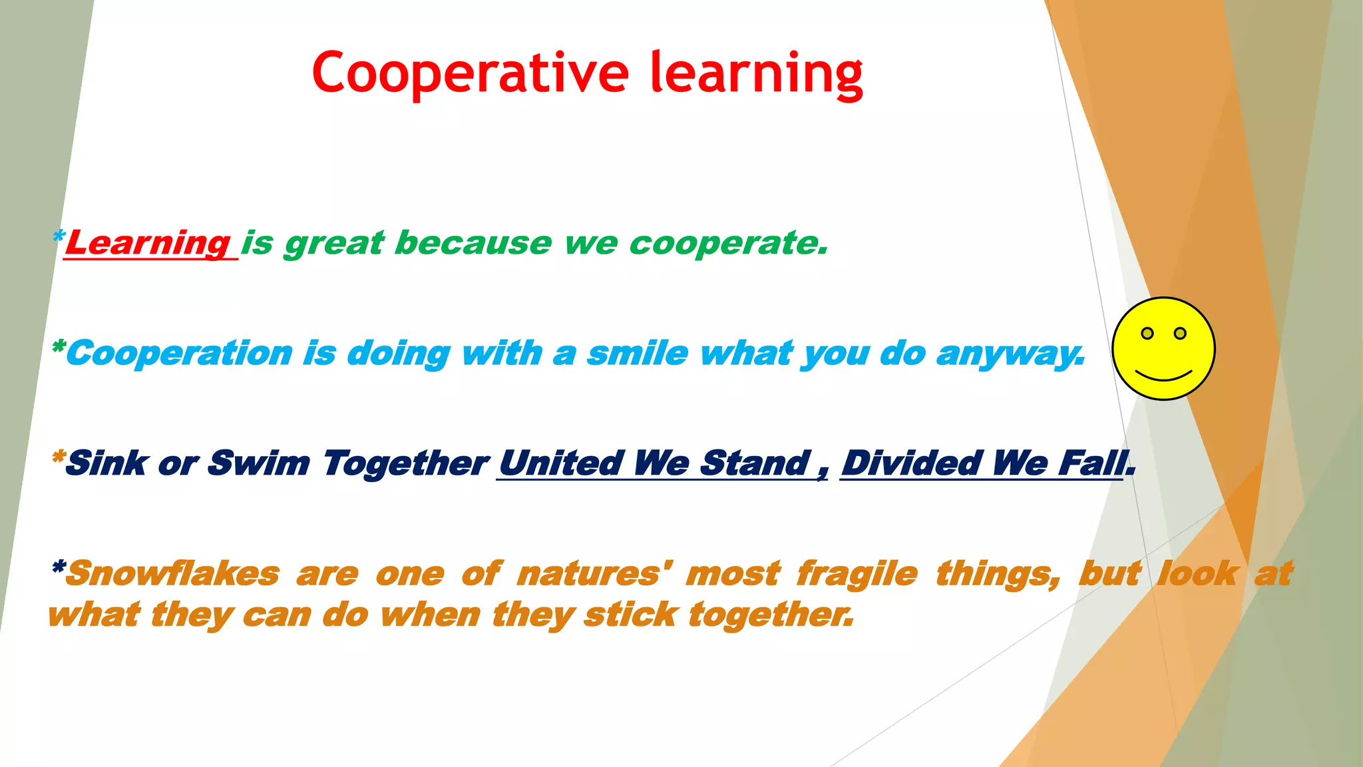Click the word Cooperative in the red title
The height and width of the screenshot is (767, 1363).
(470, 73)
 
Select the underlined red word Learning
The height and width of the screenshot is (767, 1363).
(148, 243)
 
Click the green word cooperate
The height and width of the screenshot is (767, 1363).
(728, 243)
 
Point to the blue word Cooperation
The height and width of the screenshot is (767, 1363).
(180, 353)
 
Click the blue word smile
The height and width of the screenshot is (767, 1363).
(637, 353)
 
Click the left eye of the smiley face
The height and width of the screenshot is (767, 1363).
(1147, 333)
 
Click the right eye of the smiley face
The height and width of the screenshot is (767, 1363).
(1180, 333)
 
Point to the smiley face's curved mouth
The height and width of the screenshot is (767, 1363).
(1163, 376)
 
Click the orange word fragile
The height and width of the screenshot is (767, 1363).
(857, 573)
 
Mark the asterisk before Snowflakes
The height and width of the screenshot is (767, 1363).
(59, 568)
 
